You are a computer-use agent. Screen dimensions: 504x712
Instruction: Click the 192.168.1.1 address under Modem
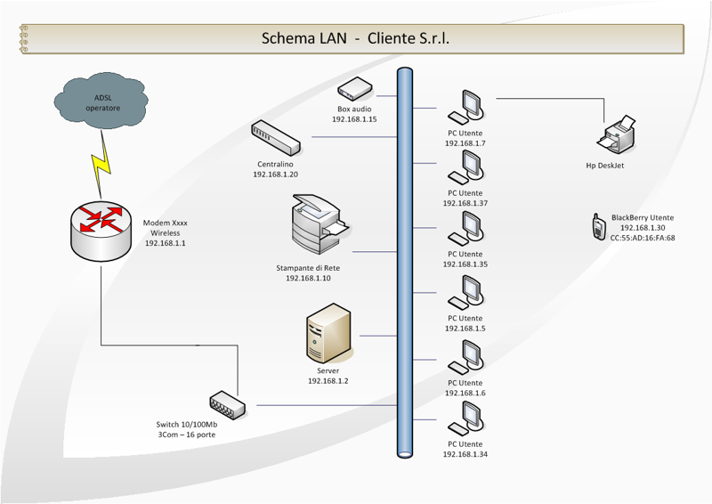tap(166, 243)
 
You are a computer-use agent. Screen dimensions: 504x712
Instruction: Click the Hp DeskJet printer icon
tap(617, 135)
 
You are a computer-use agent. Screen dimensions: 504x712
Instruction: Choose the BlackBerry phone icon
tap(599, 226)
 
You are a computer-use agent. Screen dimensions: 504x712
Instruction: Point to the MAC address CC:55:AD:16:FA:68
tap(643, 238)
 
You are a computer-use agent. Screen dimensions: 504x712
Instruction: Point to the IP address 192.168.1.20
tap(276, 175)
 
